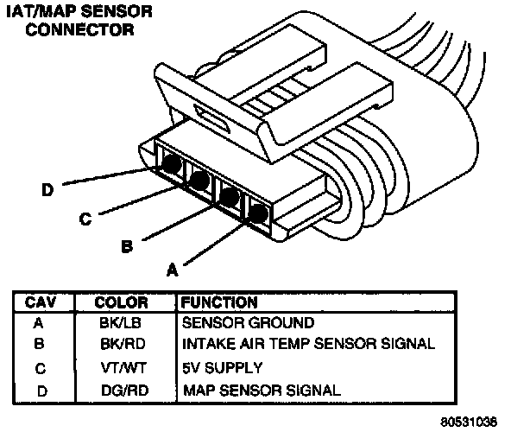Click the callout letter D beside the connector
47,189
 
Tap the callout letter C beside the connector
85,219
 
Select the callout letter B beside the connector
127,246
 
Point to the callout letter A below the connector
173,270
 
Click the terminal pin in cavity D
172,164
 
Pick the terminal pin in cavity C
199,181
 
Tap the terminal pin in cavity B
230,197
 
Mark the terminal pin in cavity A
258,213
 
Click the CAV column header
41,302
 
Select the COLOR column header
121,302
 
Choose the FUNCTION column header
219,302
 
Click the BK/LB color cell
121,323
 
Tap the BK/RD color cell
123,344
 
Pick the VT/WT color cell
123,368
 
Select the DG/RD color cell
125,391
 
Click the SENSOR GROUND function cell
248,323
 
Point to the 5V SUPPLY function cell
222,368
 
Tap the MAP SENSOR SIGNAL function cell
262,391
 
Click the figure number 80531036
469,422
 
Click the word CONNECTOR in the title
79,29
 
